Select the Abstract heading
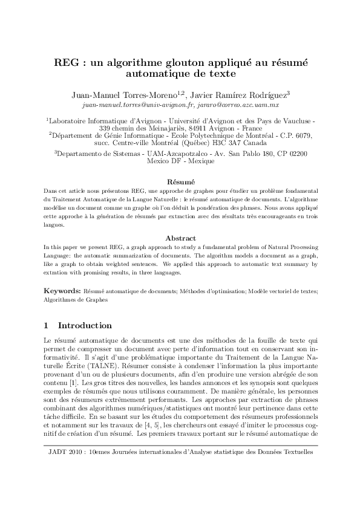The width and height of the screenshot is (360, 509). (x=180, y=238)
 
